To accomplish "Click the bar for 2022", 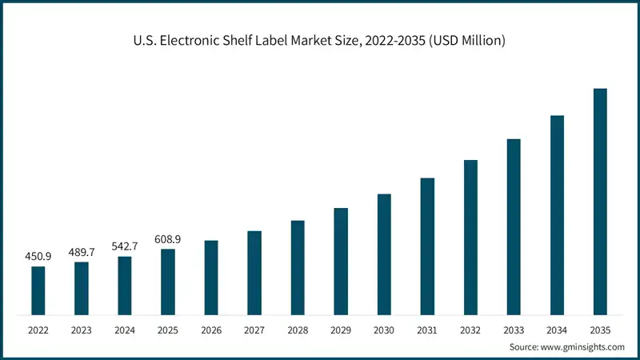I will (38, 290).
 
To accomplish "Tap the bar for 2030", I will (384, 254).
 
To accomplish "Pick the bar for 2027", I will (254, 273).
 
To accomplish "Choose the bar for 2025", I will (168, 282).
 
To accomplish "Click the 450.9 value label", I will (38, 256).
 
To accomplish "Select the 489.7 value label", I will (82, 251).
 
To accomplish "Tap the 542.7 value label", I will (125, 246).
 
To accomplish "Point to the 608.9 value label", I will (168, 238).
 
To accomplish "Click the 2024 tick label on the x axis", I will (125, 330).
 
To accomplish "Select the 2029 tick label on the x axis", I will (341, 330).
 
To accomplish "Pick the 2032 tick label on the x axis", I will (470, 330).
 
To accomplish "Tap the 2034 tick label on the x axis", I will (557, 330).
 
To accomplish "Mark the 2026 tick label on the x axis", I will (211, 330).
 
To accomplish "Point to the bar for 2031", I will (427, 246).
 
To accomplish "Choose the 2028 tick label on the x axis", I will (298, 330).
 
